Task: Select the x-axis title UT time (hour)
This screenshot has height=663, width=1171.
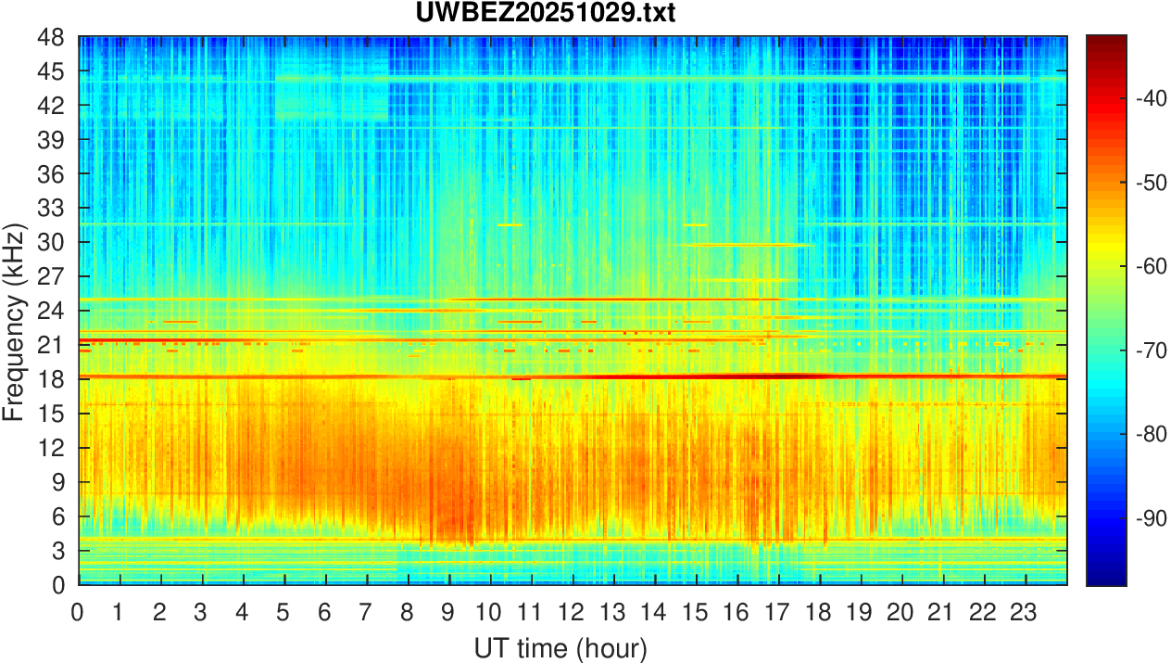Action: [560, 646]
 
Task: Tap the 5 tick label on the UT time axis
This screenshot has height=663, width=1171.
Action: [283, 612]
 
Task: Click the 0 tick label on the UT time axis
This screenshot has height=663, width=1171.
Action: [78, 612]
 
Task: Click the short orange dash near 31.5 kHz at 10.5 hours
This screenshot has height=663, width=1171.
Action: [510, 224]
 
